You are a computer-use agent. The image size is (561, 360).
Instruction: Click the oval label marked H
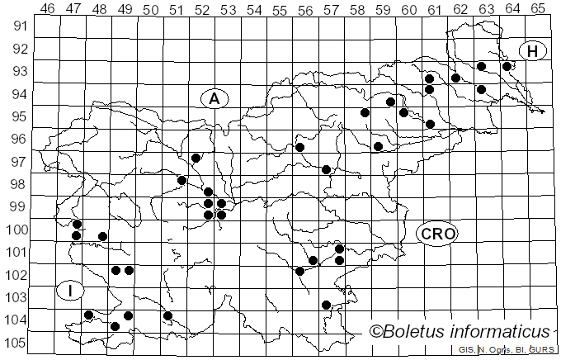pos(533,51)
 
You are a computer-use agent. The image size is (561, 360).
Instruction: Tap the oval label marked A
pos(214,98)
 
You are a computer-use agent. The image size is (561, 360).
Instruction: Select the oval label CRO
pos(436,233)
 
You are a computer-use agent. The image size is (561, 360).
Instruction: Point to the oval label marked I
pos(70,290)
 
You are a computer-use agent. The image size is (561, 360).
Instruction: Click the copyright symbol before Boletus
pos(376,332)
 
